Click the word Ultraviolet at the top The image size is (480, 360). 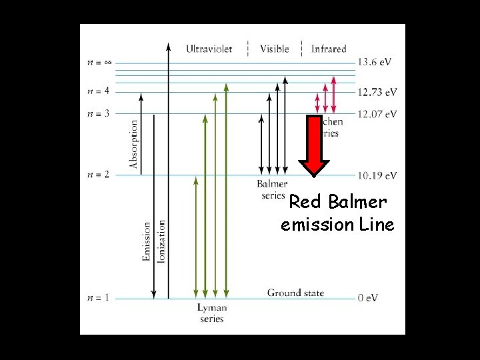(209, 48)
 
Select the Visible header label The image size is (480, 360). (274, 48)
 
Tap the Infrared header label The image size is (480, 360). (329, 48)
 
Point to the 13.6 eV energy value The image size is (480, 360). (375, 62)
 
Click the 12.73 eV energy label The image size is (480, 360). (377, 92)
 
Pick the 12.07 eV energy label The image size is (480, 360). (377, 114)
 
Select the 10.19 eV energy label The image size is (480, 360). (377, 175)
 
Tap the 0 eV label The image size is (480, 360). (369, 298)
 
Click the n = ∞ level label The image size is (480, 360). (99, 63)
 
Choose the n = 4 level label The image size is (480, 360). (98, 91)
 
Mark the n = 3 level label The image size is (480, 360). (98, 114)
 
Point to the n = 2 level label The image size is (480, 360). (98, 175)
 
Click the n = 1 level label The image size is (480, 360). (98, 297)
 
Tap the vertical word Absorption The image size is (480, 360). (134, 144)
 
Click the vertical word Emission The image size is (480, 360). (147, 241)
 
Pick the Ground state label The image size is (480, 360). (295, 293)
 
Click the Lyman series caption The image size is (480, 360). (212, 313)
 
